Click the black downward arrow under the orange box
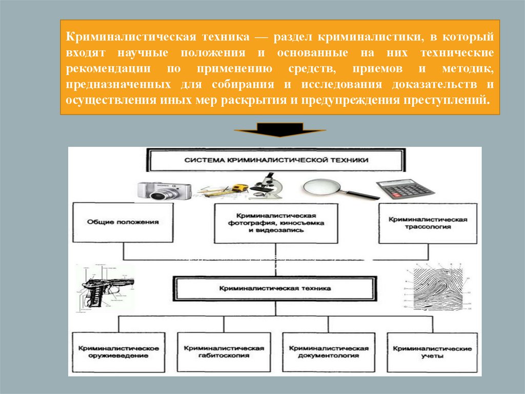[x=280, y=130]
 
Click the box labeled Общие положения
[x=123, y=222]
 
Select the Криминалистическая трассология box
[x=428, y=222]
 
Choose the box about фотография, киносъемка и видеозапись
[x=276, y=223]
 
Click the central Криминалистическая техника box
[x=275, y=289]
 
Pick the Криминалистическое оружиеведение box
[x=119, y=351]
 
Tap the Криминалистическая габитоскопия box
[x=224, y=351]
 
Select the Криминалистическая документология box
[x=329, y=351]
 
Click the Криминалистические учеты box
[x=432, y=351]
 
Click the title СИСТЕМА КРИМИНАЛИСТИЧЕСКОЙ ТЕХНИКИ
[x=276, y=160]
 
